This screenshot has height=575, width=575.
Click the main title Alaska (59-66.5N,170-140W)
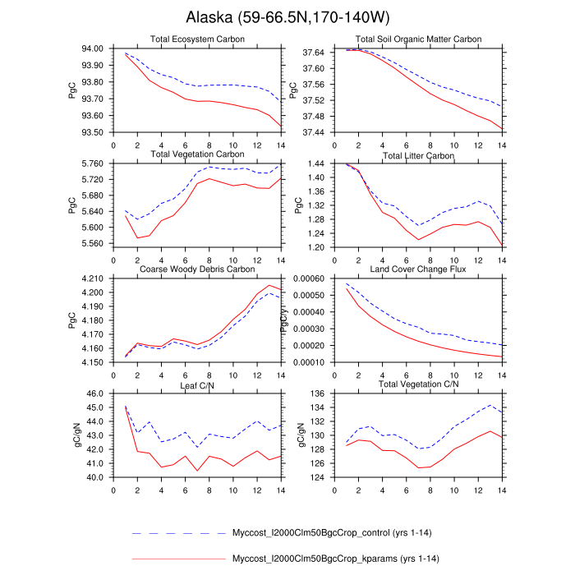[x=287, y=17]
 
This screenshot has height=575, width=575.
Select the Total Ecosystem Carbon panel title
[x=198, y=39]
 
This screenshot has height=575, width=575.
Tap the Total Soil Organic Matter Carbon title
[x=418, y=39]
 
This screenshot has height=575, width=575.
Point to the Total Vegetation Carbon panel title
[x=198, y=154]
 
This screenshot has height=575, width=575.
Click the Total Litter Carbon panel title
[x=418, y=154]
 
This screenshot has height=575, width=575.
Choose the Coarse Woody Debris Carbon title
[x=198, y=269]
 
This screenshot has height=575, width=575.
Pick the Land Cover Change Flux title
[x=418, y=269]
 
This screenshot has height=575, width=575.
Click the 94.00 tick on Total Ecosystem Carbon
[x=92, y=48]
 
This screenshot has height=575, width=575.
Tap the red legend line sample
[x=177, y=559]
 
